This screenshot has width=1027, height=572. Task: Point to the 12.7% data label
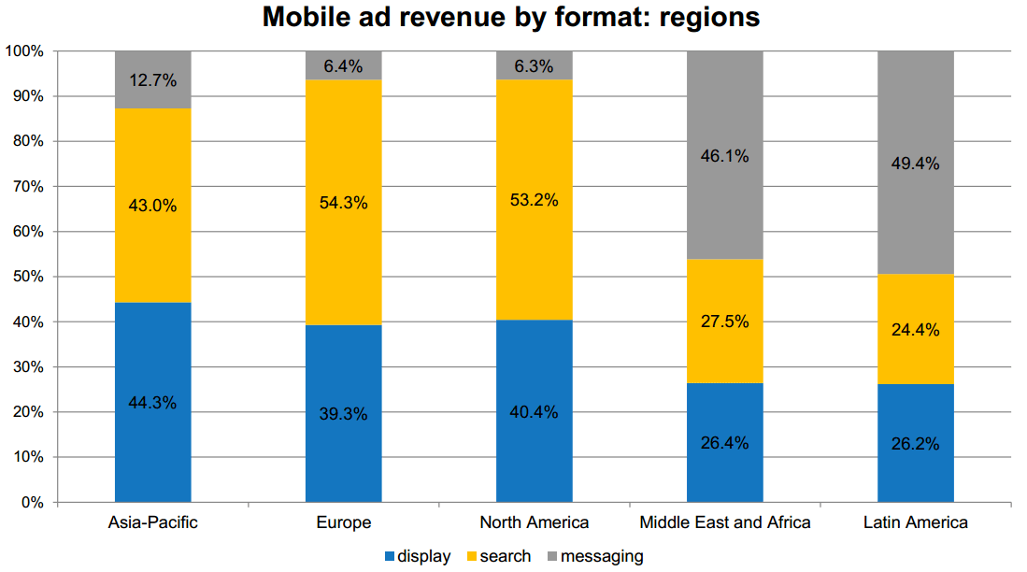153,80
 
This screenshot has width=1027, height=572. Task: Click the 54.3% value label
344,203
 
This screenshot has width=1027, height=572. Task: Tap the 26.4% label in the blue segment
725,442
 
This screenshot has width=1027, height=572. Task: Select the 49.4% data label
916,164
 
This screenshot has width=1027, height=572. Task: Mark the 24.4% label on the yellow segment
916,329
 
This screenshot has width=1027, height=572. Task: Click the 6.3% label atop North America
535,66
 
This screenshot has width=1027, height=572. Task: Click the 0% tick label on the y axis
32,503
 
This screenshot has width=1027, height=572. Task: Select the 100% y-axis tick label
23,50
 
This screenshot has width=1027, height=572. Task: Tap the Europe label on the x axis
344,522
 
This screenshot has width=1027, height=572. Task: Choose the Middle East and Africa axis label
725,522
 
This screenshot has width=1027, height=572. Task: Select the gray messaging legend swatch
553,557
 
